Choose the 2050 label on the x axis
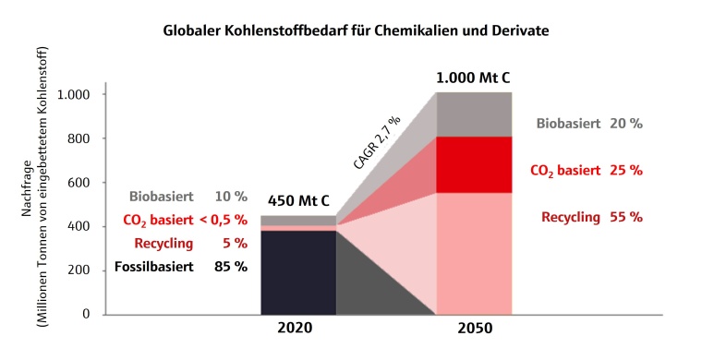[473, 328]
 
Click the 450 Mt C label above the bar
[299, 200]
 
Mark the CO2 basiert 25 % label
[586, 170]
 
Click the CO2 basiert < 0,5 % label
[185, 220]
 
